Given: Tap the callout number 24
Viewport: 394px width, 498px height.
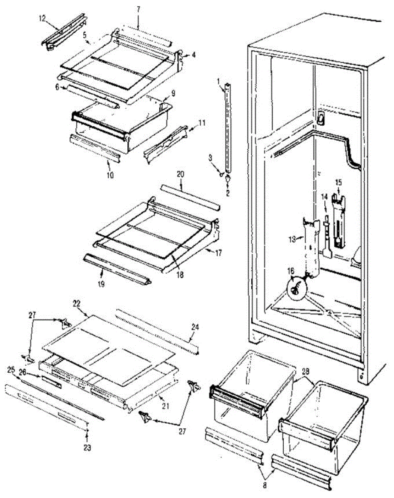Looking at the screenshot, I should pos(195,327).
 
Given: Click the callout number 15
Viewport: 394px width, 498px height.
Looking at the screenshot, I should pos(338,182).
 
